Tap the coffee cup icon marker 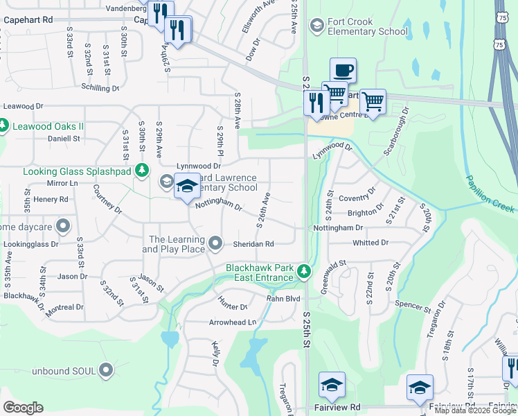point(343,71)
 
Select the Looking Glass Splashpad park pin point(142,170)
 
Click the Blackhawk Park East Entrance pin point(303,272)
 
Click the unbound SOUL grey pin point(106,370)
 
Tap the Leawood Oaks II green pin point(2,126)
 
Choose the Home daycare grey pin point(63,225)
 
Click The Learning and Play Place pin point(215,243)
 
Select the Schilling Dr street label point(100,88)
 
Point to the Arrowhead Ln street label point(233,322)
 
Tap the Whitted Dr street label point(370,243)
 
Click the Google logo point(24,408)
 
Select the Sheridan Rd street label point(256,243)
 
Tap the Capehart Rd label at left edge point(28,20)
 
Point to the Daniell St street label point(64,138)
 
